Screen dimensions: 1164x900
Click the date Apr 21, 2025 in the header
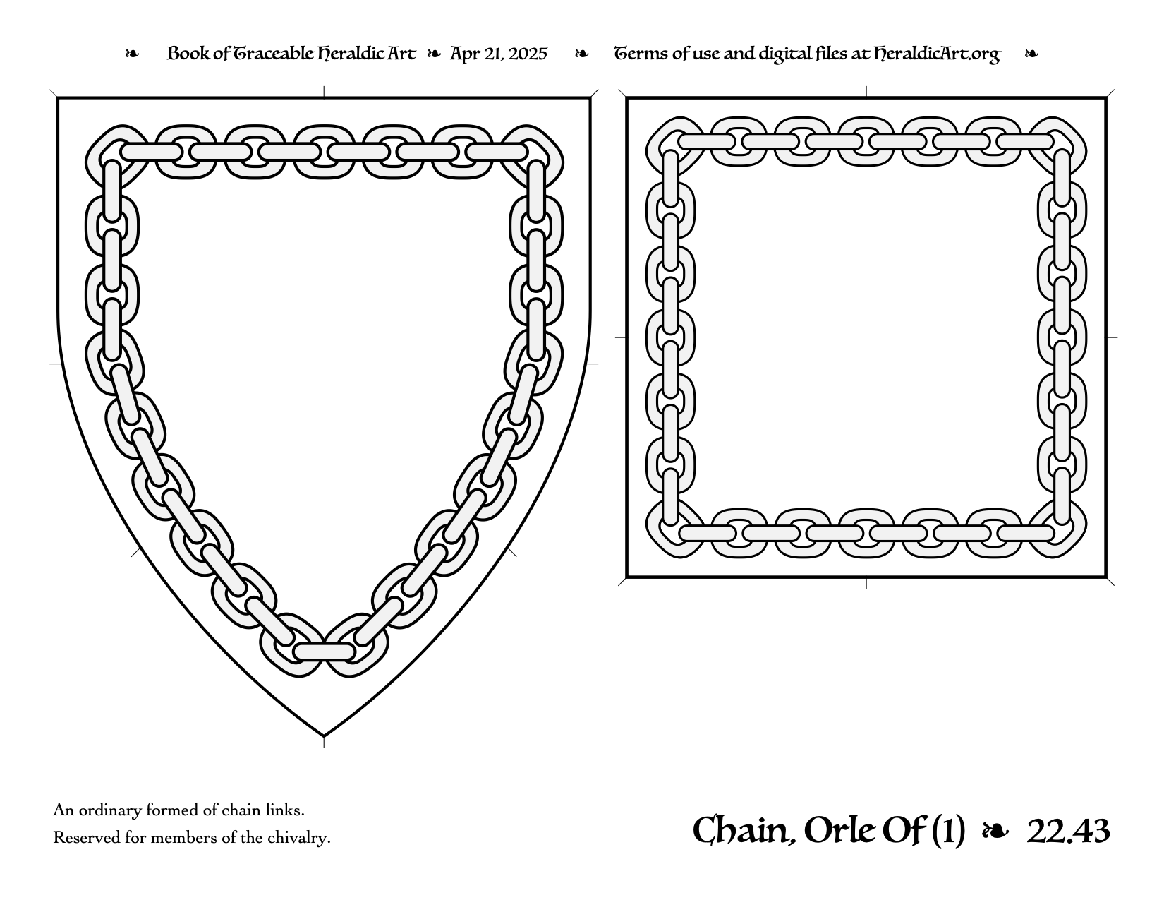(x=498, y=54)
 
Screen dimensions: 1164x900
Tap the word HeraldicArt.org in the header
(x=936, y=54)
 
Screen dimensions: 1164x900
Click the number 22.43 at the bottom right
(x=1068, y=832)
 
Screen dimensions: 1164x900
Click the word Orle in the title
(x=839, y=831)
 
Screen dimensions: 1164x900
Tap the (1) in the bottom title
(x=948, y=832)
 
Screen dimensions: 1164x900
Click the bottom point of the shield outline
(x=324, y=736)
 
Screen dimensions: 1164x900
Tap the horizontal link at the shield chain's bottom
(x=324, y=652)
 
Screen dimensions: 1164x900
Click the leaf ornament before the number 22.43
(x=995, y=832)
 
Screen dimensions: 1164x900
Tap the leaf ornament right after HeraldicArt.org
(x=1031, y=54)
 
